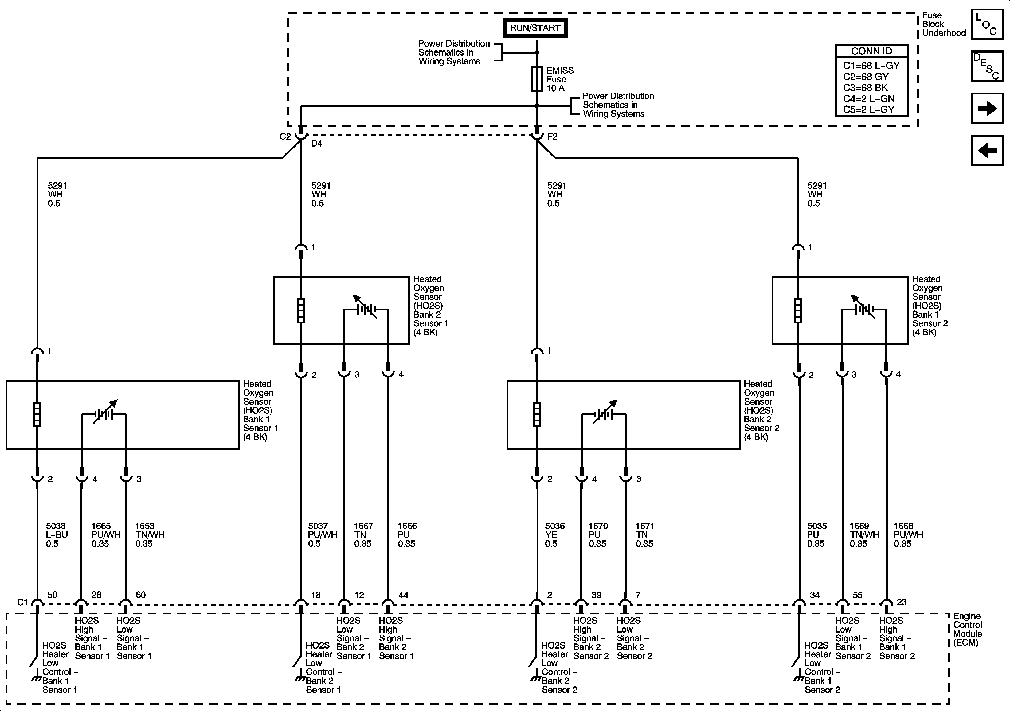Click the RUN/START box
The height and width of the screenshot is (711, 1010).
tap(535, 28)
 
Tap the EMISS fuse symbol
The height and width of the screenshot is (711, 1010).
tap(537, 79)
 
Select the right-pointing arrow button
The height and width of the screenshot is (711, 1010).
tap(987, 108)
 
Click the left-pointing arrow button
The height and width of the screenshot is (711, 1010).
tap(987, 150)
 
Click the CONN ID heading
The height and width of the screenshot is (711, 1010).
tap(871, 51)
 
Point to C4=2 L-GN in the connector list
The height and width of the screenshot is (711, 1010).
tap(869, 98)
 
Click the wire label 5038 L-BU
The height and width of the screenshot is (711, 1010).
tap(57, 535)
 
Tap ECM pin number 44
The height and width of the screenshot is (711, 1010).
tap(403, 595)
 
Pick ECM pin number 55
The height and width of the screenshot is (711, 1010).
tap(857, 595)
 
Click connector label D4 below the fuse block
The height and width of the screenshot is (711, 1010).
tap(317, 143)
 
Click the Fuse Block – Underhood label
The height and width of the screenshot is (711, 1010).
tap(944, 24)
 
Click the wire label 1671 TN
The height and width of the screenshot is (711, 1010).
tap(644, 535)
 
